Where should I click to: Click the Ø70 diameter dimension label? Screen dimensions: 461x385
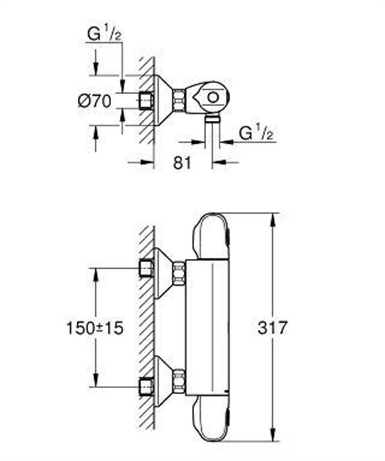tap(94, 101)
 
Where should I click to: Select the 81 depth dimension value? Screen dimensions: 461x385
tap(182, 163)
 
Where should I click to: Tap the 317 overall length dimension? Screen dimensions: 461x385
tap(271, 328)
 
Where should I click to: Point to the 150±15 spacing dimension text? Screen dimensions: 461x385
tap(95, 328)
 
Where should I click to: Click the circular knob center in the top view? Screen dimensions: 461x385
tap(212, 97)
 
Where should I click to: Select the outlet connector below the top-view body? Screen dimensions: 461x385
tap(212, 120)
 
